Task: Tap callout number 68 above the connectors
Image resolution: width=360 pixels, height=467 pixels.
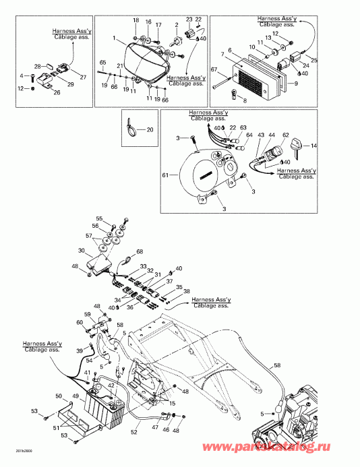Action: [140, 253]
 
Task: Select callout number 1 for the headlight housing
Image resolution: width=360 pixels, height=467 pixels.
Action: [115, 38]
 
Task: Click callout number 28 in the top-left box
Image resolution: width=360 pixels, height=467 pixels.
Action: [38, 66]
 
